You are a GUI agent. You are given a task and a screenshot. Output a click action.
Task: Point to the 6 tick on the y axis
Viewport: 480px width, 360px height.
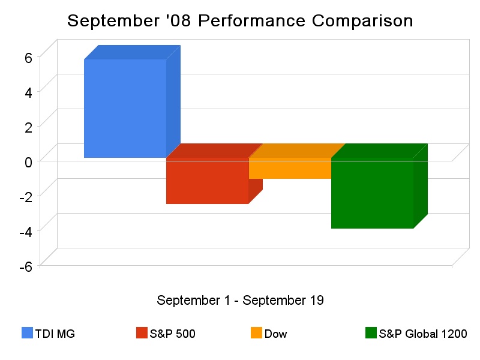click(x=28, y=57)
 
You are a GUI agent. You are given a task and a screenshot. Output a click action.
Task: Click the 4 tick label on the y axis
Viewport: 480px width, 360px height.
click(x=28, y=92)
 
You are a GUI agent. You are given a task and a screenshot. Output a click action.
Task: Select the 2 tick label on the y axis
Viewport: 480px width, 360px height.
click(x=28, y=127)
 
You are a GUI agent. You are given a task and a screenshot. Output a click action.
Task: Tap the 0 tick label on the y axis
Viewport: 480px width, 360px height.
click(x=28, y=162)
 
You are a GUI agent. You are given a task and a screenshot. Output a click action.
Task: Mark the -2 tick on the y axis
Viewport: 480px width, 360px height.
click(x=26, y=197)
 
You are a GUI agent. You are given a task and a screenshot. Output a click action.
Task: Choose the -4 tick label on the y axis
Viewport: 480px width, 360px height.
click(x=26, y=232)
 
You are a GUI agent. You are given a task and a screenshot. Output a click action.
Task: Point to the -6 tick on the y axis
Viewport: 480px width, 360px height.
click(x=26, y=266)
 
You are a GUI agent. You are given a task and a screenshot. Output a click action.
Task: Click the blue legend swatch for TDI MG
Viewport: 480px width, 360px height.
click(x=27, y=333)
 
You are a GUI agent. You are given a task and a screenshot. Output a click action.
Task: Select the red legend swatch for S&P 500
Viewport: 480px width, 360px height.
click(x=142, y=333)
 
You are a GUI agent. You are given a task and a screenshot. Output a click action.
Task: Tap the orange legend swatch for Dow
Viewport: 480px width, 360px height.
click(x=256, y=333)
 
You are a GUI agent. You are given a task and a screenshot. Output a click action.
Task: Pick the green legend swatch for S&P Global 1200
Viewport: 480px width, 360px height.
click(x=371, y=333)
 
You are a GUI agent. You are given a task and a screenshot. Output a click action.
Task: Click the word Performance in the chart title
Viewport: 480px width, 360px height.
click(x=251, y=21)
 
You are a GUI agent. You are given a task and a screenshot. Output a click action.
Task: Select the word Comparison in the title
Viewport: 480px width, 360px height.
click(x=362, y=21)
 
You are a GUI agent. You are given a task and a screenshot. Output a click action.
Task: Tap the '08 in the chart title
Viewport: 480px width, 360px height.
click(x=178, y=20)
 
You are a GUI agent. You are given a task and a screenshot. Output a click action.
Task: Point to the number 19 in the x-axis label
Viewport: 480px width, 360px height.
click(x=317, y=301)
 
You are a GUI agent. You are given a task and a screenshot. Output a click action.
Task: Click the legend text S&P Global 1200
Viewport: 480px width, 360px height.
click(x=423, y=334)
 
